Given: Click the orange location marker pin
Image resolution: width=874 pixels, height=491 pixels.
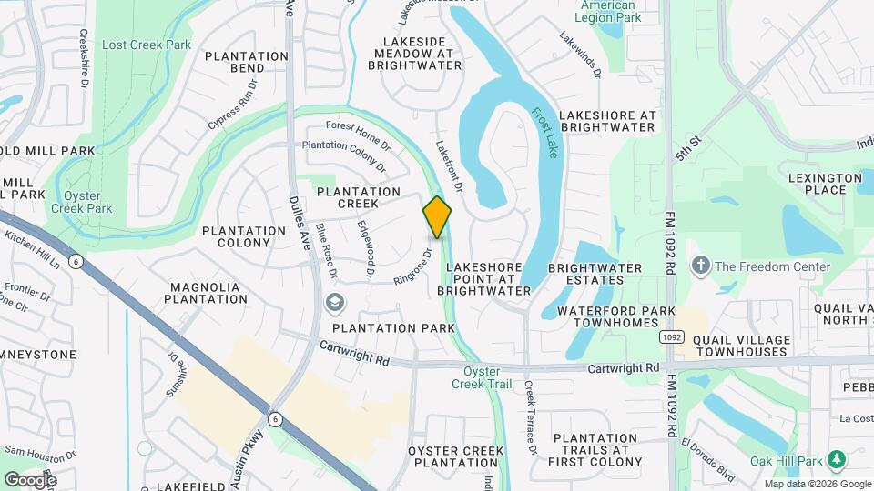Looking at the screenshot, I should tap(437, 217).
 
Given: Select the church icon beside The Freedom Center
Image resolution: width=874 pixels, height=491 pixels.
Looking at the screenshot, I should tap(700, 266).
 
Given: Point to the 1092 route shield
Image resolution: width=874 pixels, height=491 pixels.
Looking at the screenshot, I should tap(671, 336).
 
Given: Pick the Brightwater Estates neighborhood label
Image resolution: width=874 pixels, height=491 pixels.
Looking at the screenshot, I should tap(595, 275).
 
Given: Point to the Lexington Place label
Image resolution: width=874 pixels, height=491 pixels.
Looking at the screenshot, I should tap(825, 185).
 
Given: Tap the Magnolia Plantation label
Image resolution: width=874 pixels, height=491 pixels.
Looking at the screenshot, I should tap(205, 294).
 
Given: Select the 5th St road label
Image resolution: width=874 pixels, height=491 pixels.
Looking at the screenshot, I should tap(689, 149).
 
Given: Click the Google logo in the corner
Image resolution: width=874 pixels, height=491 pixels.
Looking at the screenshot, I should tap(30, 479).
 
